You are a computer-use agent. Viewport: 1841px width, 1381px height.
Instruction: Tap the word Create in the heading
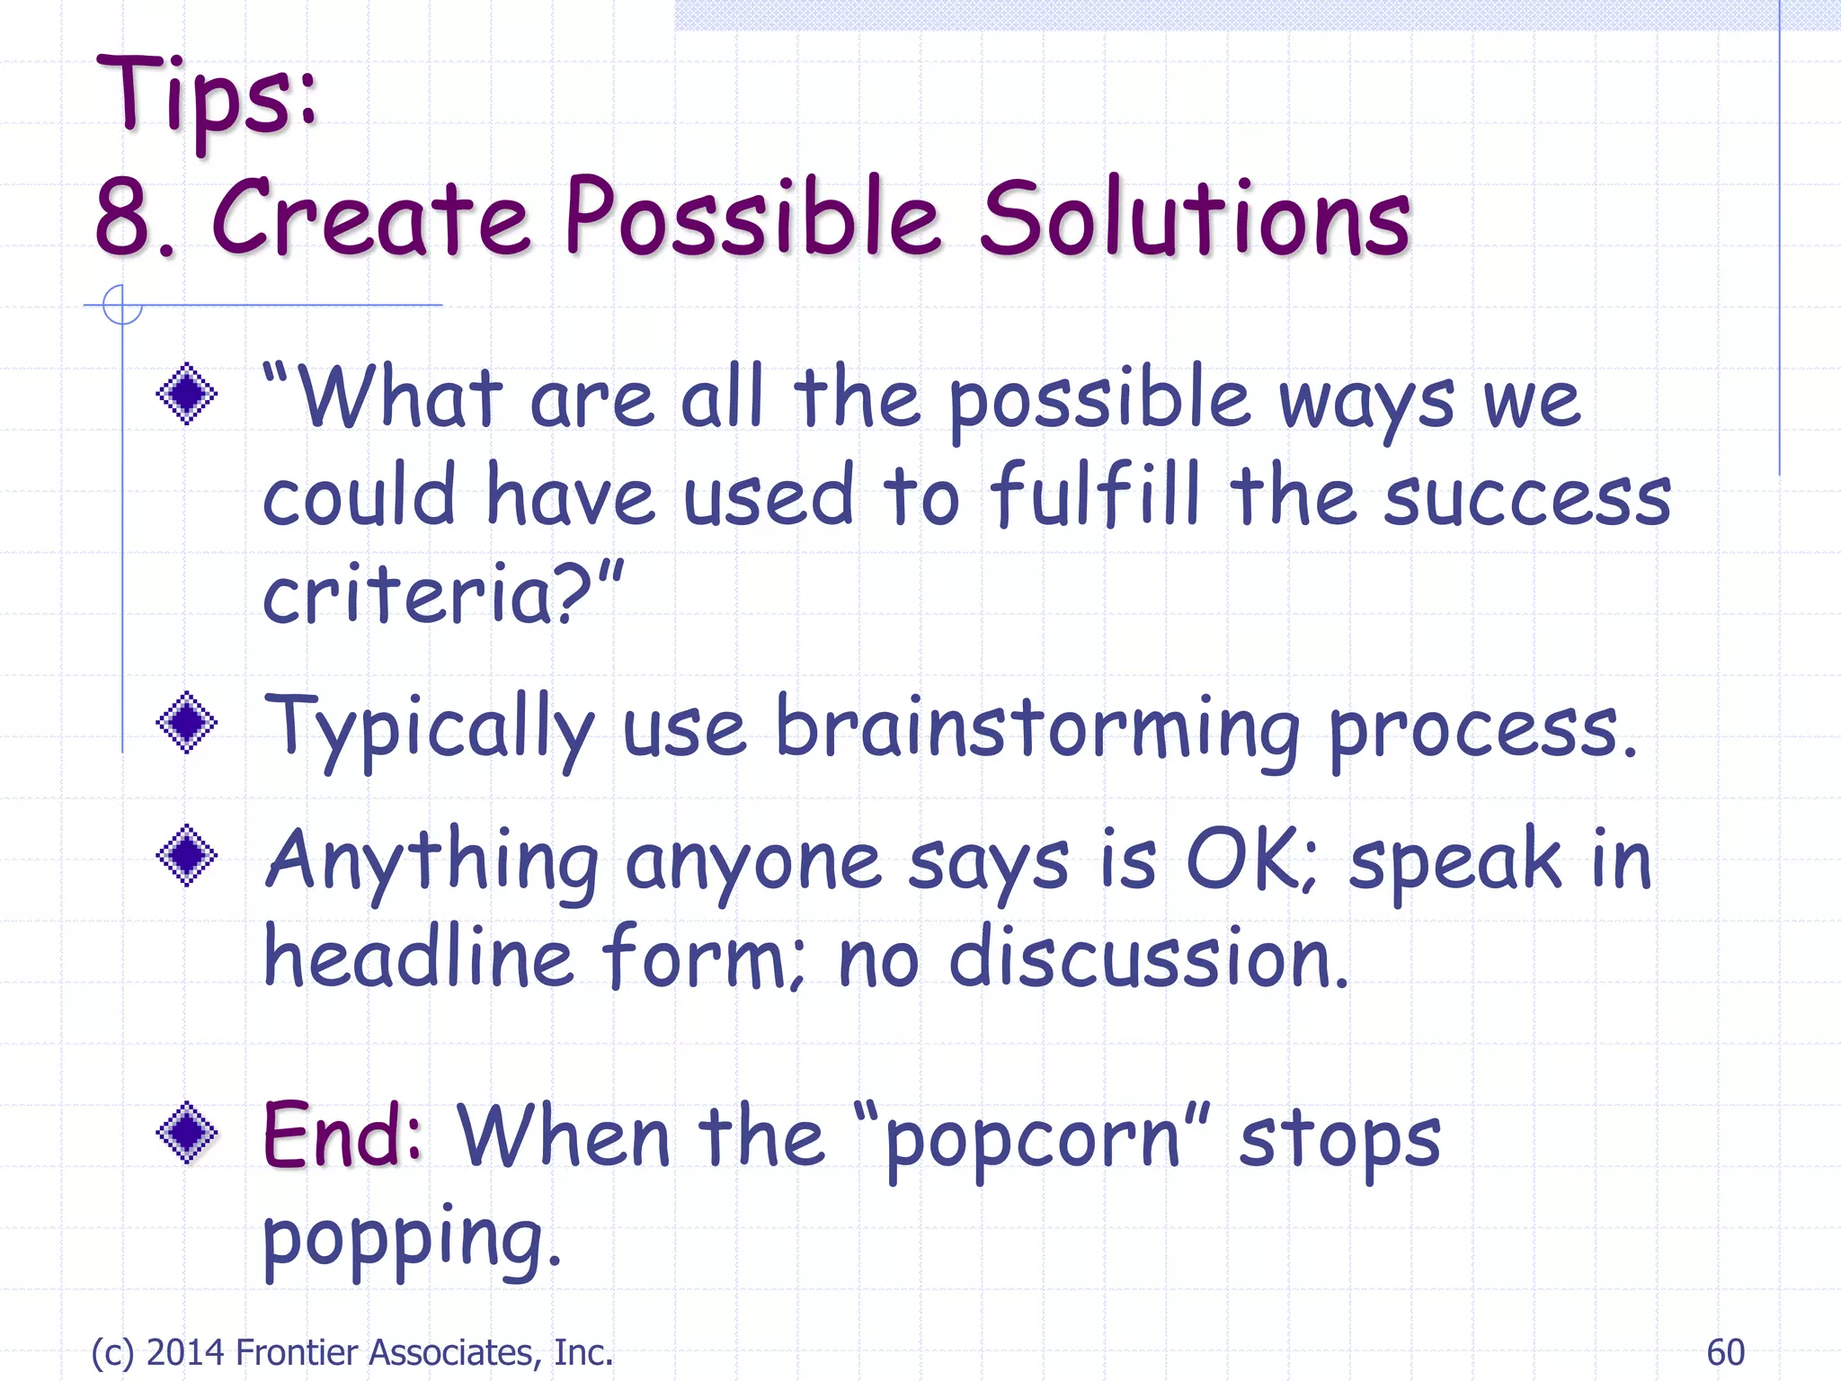pos(370,218)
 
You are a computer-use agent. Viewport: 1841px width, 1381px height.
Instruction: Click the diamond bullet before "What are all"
pos(187,394)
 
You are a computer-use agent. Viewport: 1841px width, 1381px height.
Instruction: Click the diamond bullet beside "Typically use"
pos(187,723)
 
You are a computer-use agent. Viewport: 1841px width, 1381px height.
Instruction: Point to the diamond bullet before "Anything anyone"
pos(187,856)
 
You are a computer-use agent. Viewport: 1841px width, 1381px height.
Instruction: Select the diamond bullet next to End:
pos(187,1133)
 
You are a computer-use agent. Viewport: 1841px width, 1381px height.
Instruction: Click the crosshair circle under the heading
pos(122,305)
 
